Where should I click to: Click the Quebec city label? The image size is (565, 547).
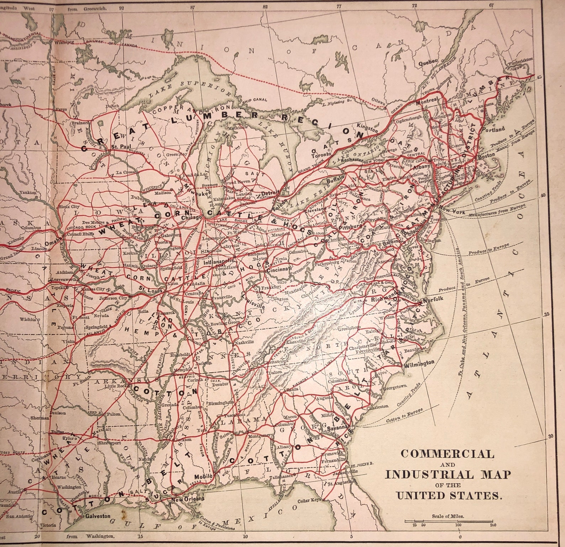click(x=428, y=61)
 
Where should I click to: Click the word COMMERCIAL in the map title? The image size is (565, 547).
click(x=447, y=454)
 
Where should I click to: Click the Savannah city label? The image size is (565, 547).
click(x=339, y=427)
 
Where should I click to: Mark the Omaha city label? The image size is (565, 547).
click(x=53, y=243)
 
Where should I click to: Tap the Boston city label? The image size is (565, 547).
click(x=486, y=155)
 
